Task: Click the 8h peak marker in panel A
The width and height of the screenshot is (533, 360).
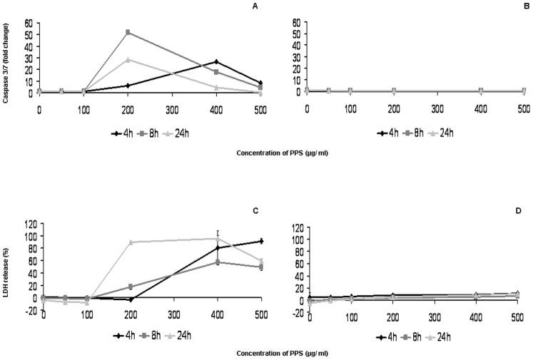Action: (128, 32)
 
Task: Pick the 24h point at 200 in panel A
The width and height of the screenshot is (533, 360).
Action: (128, 60)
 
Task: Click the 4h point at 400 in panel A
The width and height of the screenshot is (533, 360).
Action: (216, 62)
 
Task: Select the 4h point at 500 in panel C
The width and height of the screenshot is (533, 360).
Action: (261, 241)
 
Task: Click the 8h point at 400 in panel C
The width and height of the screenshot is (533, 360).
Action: (218, 262)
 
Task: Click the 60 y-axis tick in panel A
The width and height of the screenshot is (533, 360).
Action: (29, 24)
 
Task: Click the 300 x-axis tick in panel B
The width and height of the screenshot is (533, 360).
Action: (437, 107)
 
